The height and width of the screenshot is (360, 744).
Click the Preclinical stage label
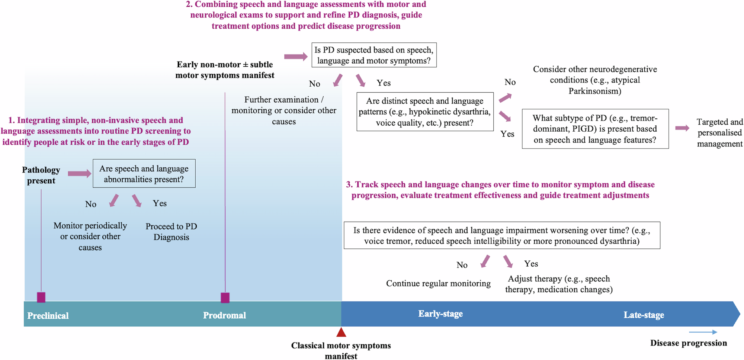48,316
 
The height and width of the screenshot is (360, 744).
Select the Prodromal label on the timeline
224,315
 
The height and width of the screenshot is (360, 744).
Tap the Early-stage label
440,314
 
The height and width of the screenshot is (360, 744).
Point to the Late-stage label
644,315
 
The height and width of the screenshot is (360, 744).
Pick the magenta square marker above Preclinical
41,297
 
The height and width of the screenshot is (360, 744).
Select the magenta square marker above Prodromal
225,298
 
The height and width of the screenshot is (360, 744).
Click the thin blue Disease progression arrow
703,332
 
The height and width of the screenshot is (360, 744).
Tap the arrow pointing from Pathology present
79,173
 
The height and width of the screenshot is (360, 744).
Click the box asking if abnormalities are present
144,174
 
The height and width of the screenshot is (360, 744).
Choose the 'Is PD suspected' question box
374,55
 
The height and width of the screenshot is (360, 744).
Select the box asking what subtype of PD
595,129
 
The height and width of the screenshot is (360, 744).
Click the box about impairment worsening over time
502,235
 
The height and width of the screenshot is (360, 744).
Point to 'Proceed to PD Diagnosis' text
171,232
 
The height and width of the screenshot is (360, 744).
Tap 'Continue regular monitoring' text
438,283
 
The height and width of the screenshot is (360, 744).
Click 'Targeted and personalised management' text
719,133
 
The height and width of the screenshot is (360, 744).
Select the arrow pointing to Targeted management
682,128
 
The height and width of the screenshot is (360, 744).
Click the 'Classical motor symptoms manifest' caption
341,350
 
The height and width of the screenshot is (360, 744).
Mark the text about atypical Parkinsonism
595,80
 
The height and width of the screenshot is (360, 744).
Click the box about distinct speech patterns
425,112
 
